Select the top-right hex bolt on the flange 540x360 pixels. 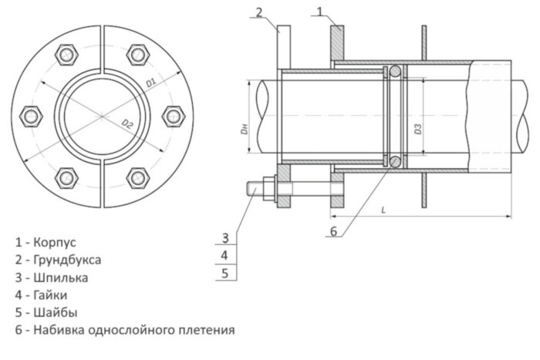pyautogui.click(x=139, y=55)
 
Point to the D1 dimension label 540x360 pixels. pyautogui.click(x=152, y=80)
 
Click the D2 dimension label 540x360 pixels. pyautogui.click(x=127, y=123)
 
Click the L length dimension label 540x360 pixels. pyautogui.click(x=383, y=210)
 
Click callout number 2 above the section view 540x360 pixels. pyautogui.click(x=259, y=11)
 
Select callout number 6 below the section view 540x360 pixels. pyautogui.click(x=333, y=230)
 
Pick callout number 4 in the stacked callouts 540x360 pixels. pyautogui.click(x=224, y=254)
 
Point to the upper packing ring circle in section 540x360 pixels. pyautogui.click(x=394, y=72)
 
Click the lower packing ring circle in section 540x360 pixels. pyautogui.click(x=394, y=161)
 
